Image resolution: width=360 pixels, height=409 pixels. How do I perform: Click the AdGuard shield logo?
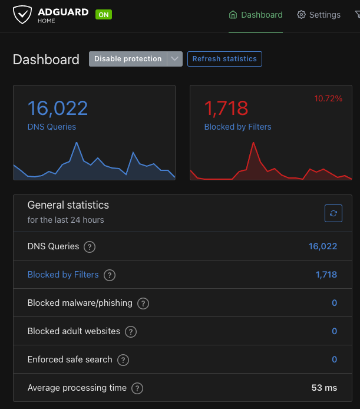click(x=23, y=15)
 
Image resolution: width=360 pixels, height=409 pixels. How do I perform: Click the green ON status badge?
click(x=104, y=15)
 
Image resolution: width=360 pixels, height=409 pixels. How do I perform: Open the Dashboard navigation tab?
click(x=256, y=15)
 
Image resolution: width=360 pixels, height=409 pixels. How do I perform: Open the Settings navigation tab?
click(x=319, y=15)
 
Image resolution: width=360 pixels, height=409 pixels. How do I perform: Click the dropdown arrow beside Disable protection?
click(x=174, y=59)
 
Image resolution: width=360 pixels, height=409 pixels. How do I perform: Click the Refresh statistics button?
click(x=224, y=59)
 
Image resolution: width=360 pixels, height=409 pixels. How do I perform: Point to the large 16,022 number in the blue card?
click(x=58, y=108)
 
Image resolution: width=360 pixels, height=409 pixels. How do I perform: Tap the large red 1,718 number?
click(x=226, y=108)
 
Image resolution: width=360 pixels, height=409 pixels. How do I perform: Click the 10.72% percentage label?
click(x=328, y=98)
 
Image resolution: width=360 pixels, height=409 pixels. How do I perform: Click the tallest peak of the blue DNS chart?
click(x=77, y=143)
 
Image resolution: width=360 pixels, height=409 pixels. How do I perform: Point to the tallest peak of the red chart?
click(x=253, y=143)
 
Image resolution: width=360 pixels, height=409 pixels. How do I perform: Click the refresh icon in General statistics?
click(x=333, y=213)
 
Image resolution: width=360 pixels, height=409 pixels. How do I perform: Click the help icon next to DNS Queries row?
click(x=90, y=247)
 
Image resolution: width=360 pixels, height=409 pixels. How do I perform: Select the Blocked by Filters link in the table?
click(x=63, y=275)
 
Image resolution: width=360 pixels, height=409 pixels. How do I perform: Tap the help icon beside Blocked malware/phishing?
click(x=143, y=304)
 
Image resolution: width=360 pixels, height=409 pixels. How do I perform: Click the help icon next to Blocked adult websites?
click(x=131, y=332)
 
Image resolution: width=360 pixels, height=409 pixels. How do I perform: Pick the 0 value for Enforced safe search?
click(x=334, y=359)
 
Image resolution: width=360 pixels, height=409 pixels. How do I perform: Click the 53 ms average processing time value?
click(x=324, y=388)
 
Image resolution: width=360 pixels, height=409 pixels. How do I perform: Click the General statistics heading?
click(x=68, y=205)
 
